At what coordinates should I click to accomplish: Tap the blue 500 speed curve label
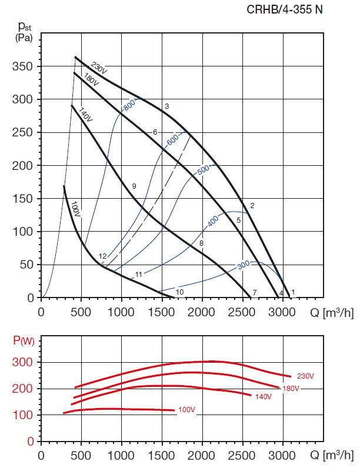[x=203, y=170]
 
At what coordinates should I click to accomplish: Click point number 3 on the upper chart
[x=167, y=106]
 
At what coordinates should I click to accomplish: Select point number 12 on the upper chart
[x=102, y=256]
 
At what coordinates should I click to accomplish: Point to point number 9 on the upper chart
[x=134, y=186]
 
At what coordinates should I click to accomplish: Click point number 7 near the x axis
[x=255, y=292]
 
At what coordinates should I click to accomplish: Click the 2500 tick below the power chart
[x=242, y=455]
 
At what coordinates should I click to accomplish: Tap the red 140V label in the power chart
[x=262, y=396]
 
